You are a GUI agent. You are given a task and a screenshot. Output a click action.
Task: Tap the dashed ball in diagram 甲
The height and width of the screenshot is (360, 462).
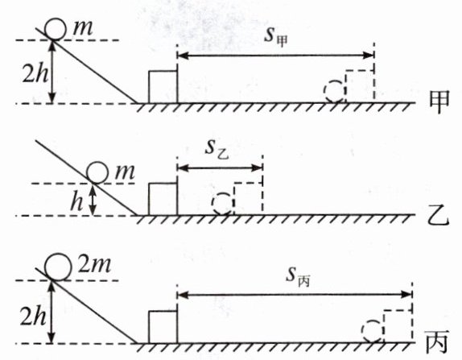tap(324, 91)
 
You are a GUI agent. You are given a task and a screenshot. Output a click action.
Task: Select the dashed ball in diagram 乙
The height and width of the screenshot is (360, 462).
tap(212, 204)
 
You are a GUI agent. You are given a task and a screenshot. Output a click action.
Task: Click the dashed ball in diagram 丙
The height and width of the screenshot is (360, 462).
tap(363, 331)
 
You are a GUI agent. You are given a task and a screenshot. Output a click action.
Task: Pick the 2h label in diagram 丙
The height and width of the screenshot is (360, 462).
tap(33, 316)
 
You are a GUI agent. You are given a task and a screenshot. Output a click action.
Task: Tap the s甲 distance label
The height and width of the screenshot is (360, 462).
tap(276, 36)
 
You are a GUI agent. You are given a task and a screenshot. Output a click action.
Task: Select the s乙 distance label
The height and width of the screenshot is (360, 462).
tap(217, 150)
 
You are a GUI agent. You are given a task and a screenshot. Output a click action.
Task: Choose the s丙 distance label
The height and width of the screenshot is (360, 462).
tap(298, 276)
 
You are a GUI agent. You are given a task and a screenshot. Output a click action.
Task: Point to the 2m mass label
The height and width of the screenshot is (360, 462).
tap(95, 264)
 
